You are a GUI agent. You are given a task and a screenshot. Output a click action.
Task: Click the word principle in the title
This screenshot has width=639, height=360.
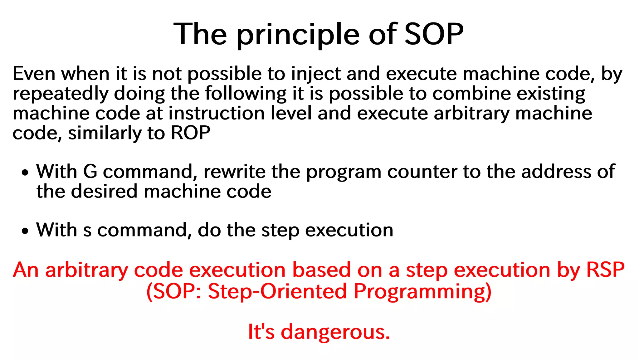click(x=298, y=35)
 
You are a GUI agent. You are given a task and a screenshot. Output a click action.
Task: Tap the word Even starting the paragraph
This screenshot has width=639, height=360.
click(x=34, y=74)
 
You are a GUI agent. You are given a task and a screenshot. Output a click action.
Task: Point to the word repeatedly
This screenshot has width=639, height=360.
click(x=61, y=94)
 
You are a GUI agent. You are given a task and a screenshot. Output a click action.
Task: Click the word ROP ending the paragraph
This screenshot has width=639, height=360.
click(x=191, y=133)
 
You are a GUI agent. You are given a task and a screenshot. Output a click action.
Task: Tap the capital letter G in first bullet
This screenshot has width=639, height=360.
click(x=90, y=172)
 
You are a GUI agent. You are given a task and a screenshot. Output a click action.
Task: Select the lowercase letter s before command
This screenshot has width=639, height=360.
click(x=88, y=231)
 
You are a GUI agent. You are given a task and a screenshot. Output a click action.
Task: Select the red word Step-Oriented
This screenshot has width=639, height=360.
click(x=277, y=291)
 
